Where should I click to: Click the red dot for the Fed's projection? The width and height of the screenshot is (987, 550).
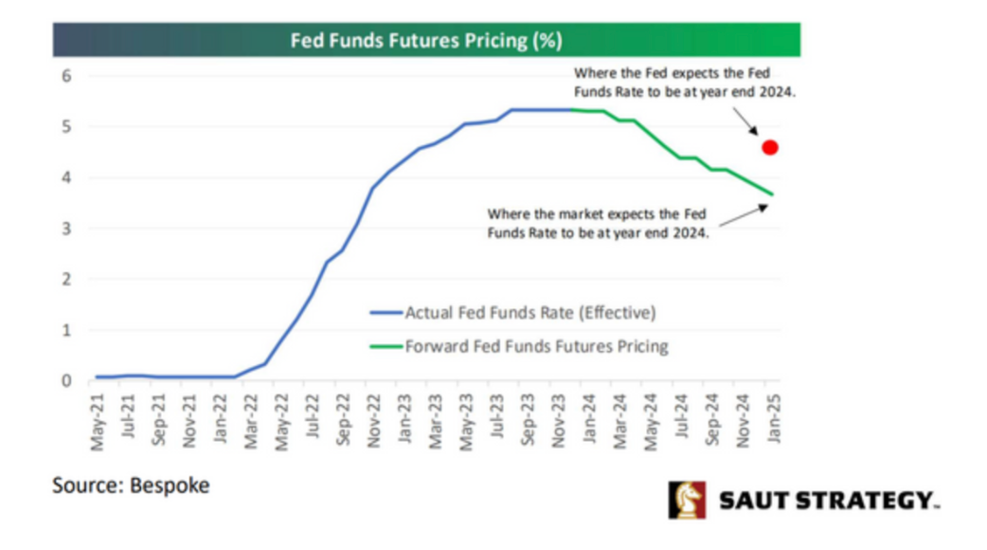770,147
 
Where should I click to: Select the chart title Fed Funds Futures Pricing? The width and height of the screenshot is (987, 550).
426,41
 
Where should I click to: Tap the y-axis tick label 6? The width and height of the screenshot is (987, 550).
66,76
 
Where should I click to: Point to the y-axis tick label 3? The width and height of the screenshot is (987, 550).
66,229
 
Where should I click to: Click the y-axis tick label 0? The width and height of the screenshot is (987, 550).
66,380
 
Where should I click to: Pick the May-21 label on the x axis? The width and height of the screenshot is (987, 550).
98,423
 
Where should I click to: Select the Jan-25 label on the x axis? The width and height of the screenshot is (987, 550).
774,419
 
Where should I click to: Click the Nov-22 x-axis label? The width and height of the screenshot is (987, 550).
374,421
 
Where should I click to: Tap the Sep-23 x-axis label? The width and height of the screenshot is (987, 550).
528,420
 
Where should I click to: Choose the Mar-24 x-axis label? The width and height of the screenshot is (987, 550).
619,421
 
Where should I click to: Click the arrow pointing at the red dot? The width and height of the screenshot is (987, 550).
745,121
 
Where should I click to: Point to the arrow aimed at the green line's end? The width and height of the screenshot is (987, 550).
744,215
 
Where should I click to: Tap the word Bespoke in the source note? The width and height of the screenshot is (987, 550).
170,486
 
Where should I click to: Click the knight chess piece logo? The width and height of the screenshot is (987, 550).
687,501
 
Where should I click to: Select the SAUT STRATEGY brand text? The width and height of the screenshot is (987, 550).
829,501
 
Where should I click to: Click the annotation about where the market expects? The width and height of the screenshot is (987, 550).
598,224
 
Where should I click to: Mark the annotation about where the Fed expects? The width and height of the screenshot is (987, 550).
684,82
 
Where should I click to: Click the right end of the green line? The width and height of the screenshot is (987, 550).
772,194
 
